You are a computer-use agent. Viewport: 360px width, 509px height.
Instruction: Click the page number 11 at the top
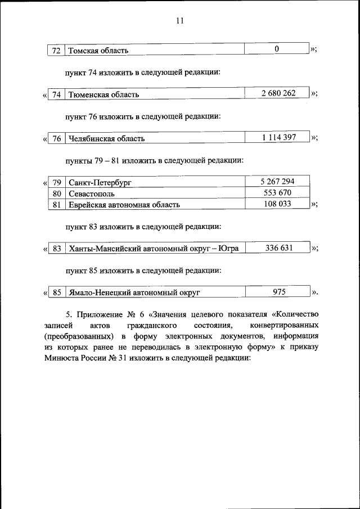pos(180,21)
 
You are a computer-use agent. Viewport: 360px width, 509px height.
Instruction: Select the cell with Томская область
pos(98,51)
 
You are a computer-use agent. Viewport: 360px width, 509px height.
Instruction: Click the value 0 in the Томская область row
pos(277,49)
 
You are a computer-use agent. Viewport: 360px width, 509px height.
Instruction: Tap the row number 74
pos(56,94)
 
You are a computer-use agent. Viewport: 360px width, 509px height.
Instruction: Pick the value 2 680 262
pos(278,93)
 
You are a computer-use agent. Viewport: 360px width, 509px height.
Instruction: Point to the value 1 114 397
pos(278,137)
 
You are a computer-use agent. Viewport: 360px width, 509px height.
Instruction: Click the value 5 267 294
pos(277,181)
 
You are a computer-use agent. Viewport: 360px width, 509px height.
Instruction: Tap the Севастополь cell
pos(92,193)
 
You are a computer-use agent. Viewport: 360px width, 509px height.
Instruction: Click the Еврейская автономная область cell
pos(124,205)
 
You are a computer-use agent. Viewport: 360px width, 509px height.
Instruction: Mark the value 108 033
pos(277,204)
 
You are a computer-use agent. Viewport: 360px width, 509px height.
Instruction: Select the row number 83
pos(56,249)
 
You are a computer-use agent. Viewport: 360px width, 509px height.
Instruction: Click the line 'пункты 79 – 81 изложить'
pos(154,160)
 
